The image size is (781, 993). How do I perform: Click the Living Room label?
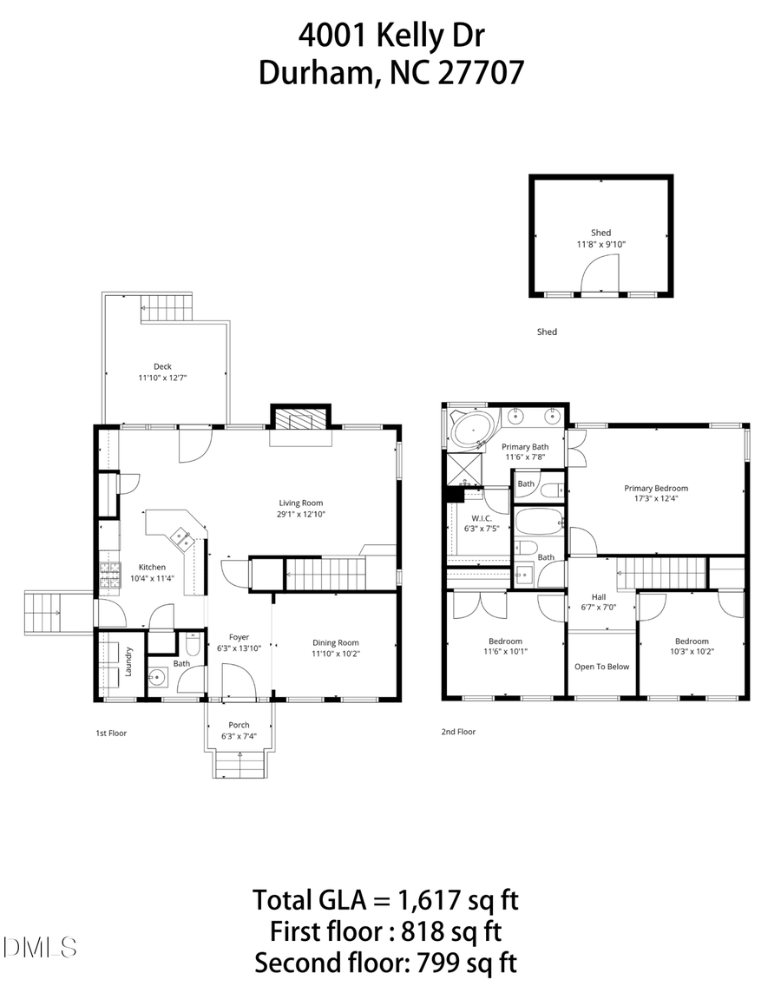(x=301, y=503)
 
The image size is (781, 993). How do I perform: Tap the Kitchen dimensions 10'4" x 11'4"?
(x=152, y=578)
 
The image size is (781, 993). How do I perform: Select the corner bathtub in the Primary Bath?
(x=473, y=428)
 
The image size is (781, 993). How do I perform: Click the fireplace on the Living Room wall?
(x=300, y=420)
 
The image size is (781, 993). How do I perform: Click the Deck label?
(x=162, y=366)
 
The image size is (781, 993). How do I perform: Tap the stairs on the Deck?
(x=166, y=308)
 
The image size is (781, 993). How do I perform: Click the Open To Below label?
(x=601, y=667)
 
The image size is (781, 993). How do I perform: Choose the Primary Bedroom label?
(x=655, y=488)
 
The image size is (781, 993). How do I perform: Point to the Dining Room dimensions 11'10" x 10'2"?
(x=335, y=654)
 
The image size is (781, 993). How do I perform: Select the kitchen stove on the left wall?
(x=110, y=575)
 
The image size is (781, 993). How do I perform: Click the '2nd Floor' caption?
(x=458, y=732)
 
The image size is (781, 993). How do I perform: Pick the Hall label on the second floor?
(x=599, y=597)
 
